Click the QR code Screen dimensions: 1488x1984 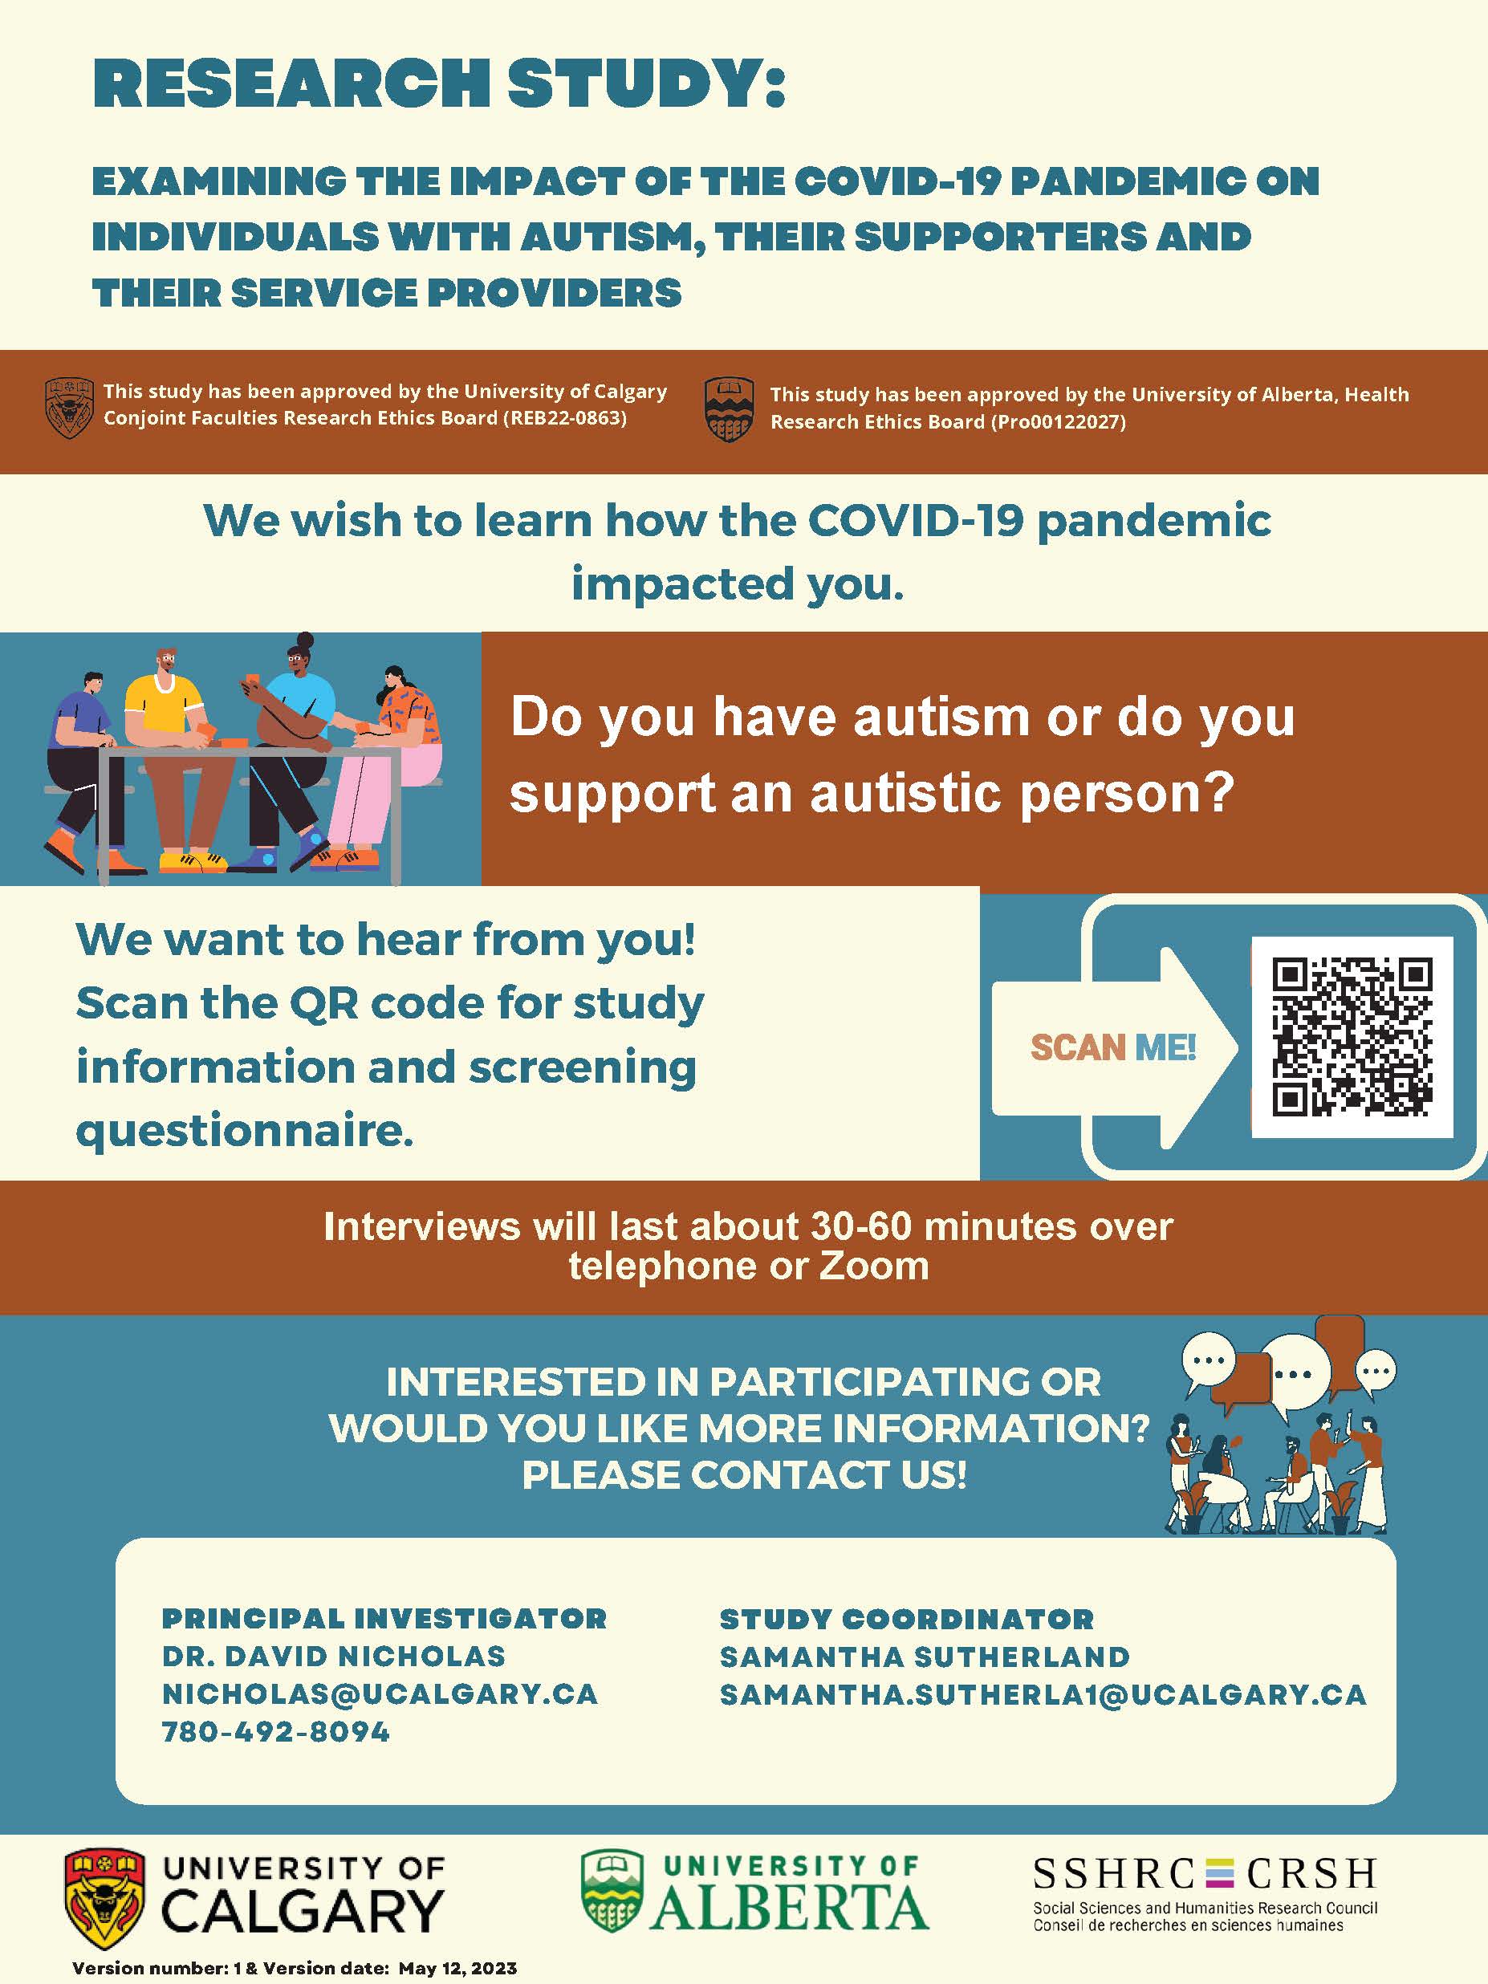(x=1352, y=1038)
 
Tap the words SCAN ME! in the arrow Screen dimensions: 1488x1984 (x=1113, y=1047)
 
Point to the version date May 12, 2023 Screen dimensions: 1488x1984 (x=457, y=1969)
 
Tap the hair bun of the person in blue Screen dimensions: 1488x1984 (x=305, y=642)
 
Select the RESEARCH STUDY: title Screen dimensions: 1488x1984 (x=440, y=83)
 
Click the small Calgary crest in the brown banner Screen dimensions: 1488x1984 (x=69, y=407)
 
